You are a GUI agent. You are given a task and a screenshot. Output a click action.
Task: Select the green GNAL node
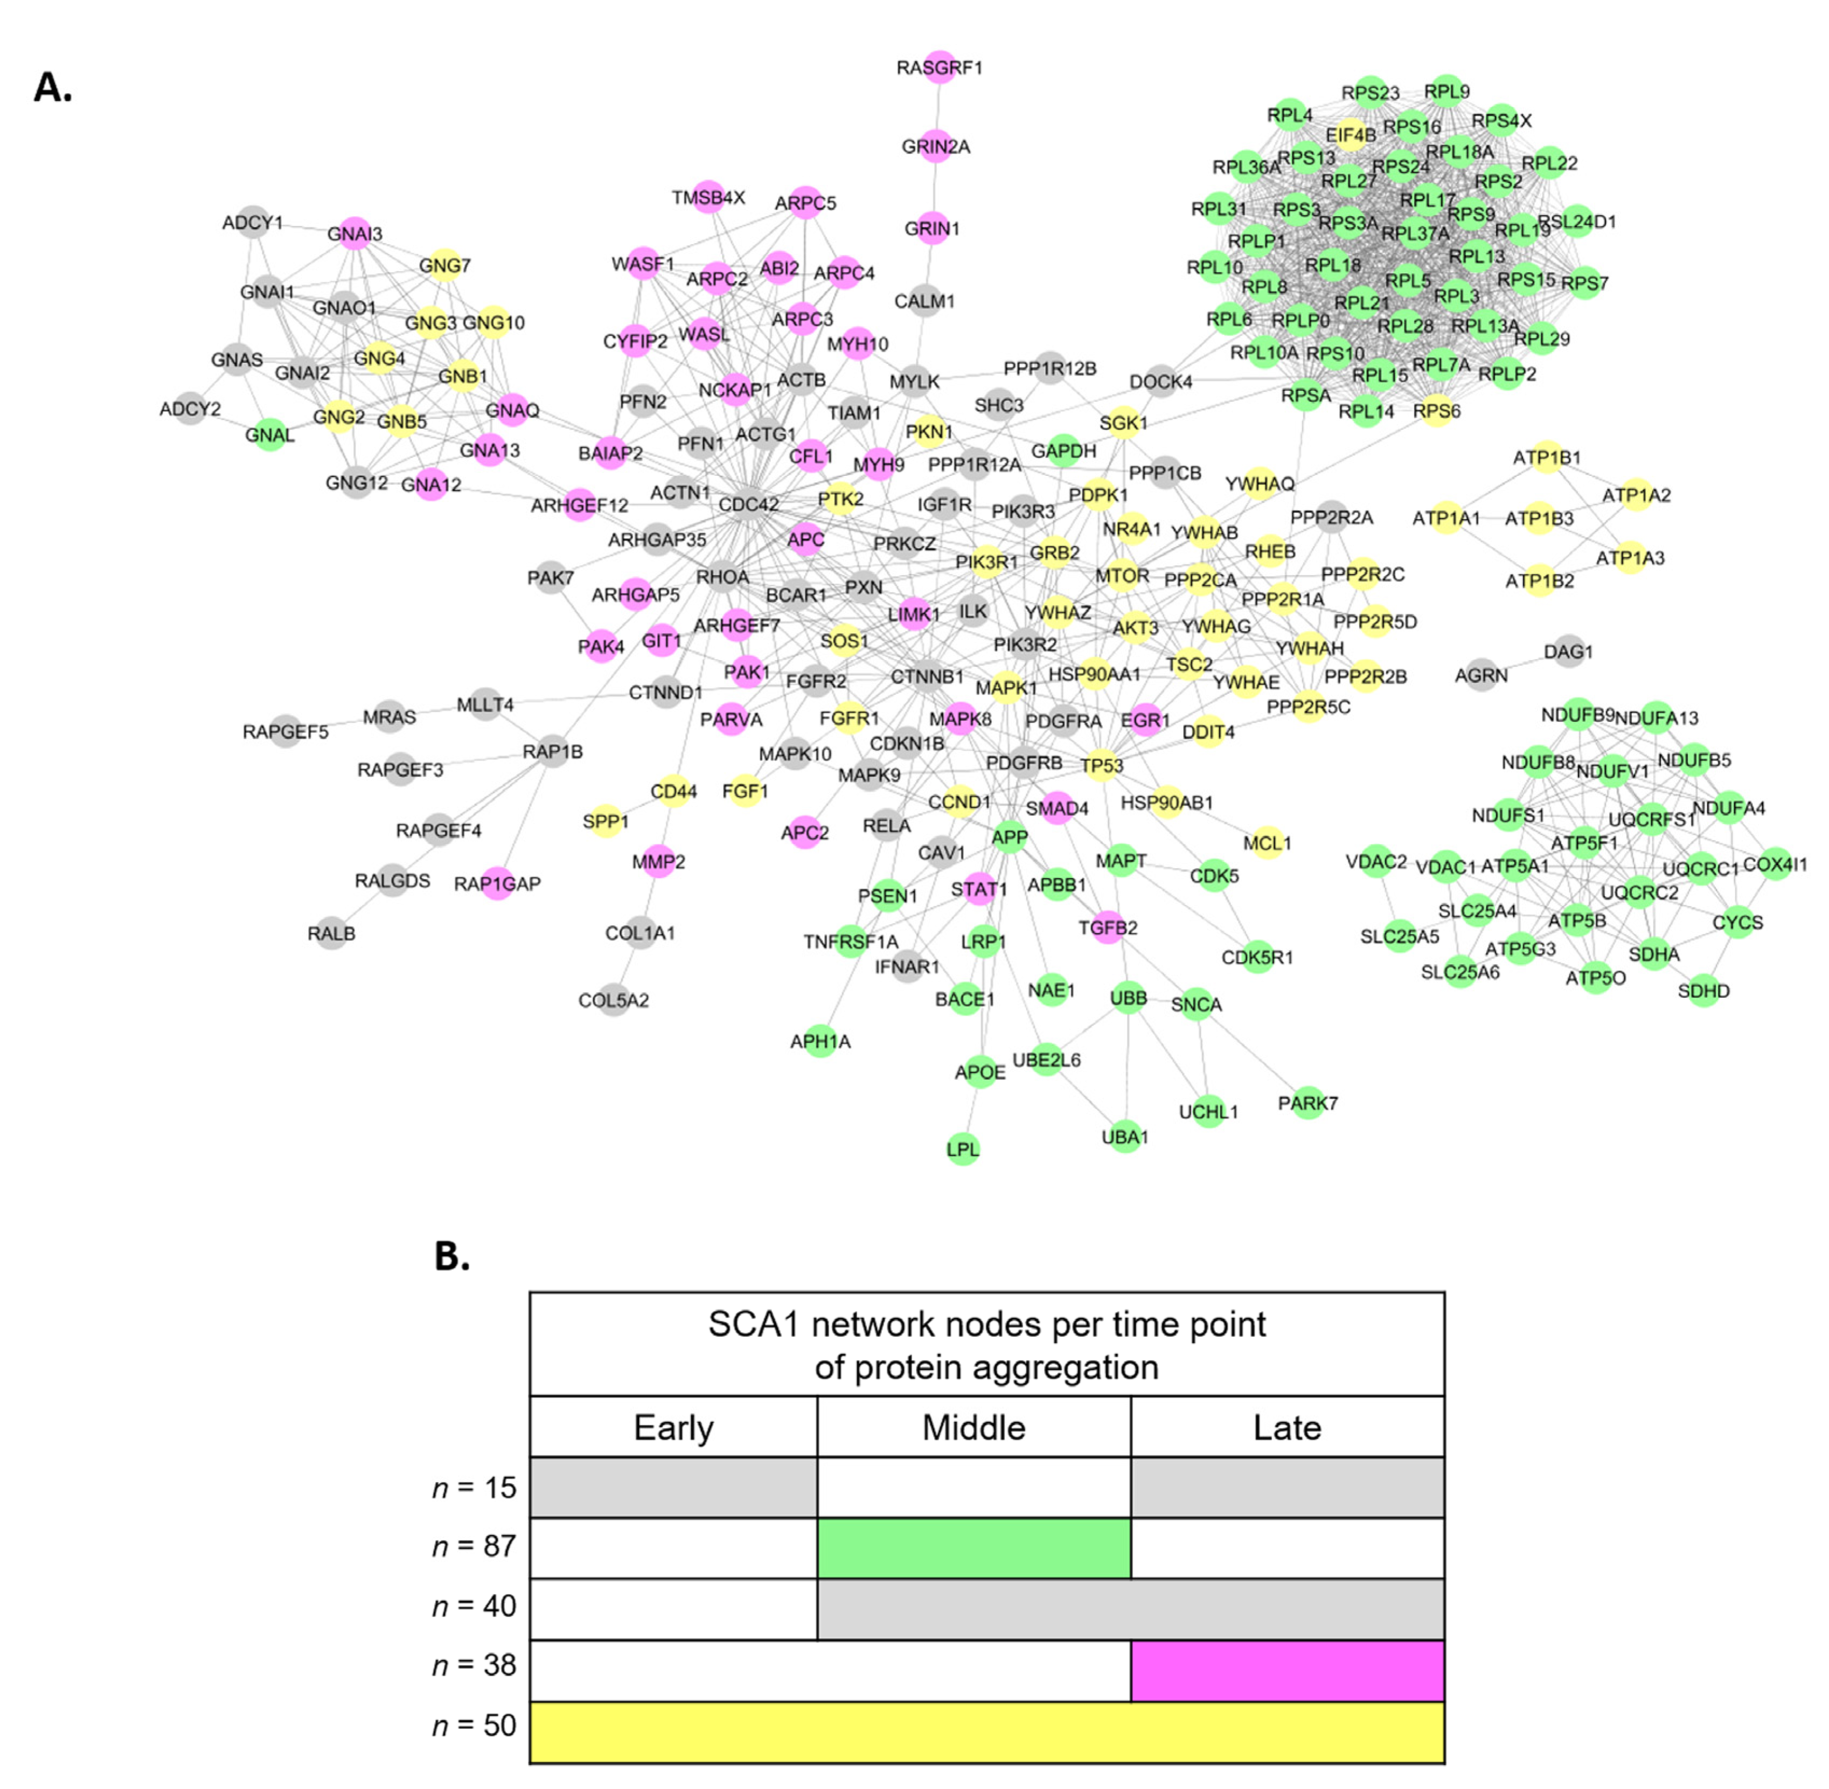tap(269, 434)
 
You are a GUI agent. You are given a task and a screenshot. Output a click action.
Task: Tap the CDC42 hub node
tap(749, 504)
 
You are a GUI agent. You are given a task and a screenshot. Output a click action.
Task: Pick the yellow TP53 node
tap(1101, 765)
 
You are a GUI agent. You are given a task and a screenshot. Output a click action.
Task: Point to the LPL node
tap(963, 1148)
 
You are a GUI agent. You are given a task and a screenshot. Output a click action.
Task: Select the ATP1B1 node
tap(1546, 457)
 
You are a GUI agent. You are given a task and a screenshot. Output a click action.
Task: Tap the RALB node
tap(331, 933)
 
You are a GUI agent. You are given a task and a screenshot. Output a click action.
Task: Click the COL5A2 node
tap(614, 1000)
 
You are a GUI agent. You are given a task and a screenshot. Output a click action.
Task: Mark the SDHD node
tap(1703, 990)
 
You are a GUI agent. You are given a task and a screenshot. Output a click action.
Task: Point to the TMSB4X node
tap(708, 197)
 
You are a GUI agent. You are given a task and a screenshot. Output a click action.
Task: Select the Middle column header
tap(973, 1427)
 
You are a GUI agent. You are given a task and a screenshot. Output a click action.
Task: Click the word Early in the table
tap(673, 1427)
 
